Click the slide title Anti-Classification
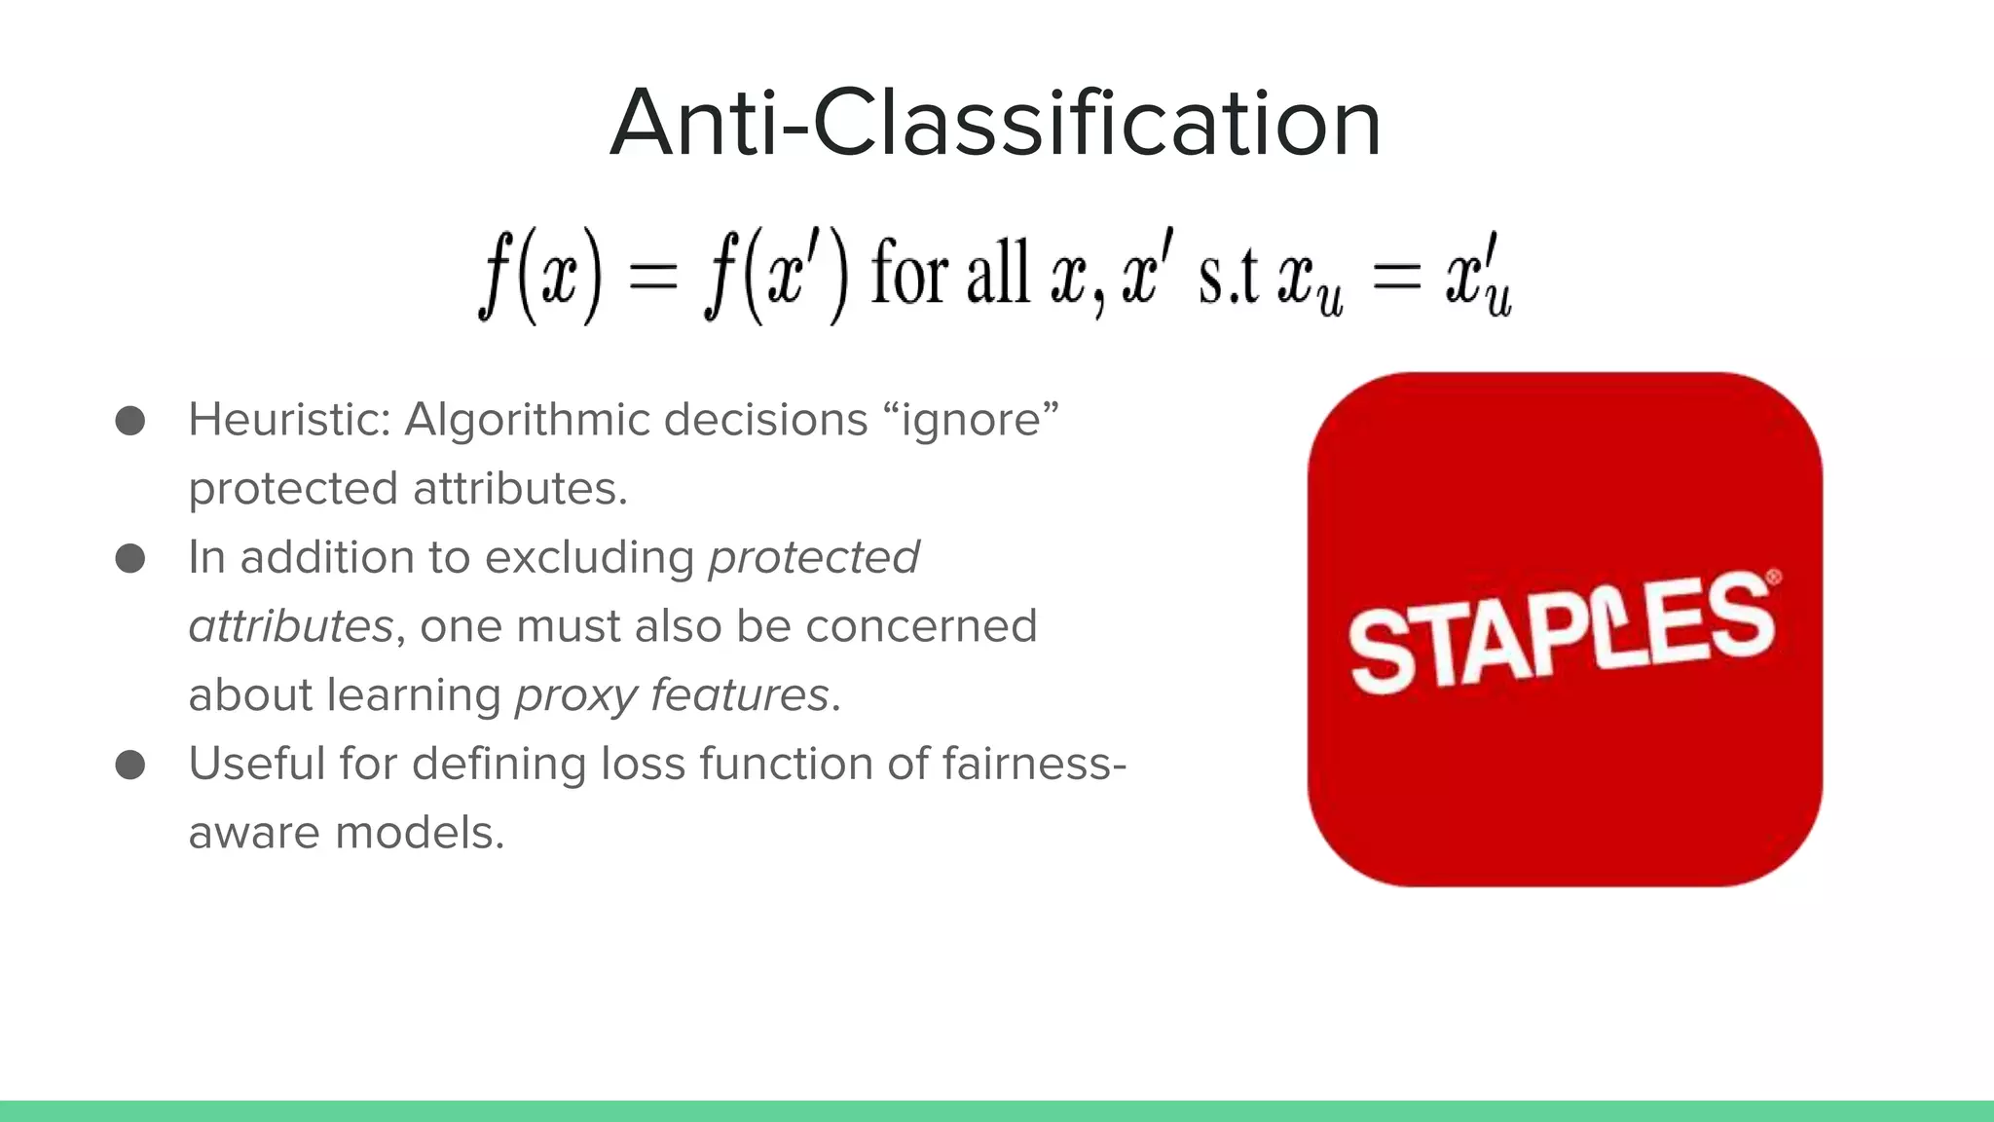point(995,124)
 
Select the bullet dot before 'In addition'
point(129,559)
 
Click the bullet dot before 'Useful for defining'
point(129,765)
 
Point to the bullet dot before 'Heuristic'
point(129,421)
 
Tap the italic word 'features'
point(739,695)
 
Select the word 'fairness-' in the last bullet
point(1034,764)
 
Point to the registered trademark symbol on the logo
point(1773,578)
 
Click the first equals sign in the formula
point(652,276)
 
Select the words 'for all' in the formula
point(950,274)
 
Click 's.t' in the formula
point(1229,278)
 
